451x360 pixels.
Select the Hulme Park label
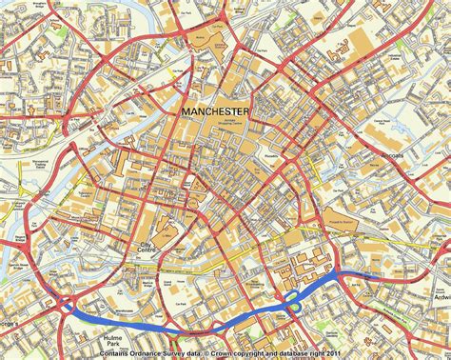(114, 334)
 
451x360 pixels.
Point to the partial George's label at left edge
(8, 326)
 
